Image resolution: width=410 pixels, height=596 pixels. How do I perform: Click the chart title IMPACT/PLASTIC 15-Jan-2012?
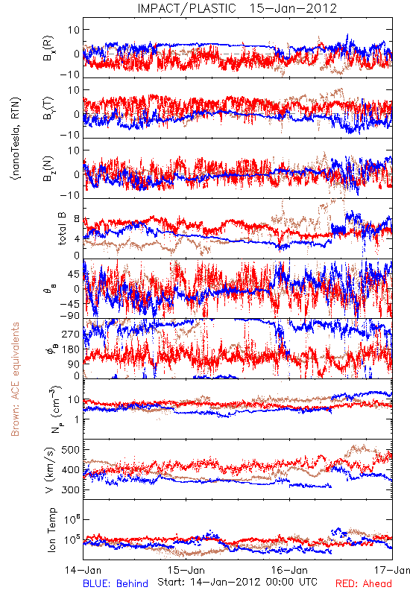tap(237, 8)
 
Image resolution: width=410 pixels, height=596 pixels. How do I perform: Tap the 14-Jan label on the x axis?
tap(83, 570)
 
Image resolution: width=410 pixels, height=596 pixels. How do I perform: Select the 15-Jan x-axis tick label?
tap(186, 570)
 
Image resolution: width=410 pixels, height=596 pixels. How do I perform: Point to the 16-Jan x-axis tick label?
tap(289, 570)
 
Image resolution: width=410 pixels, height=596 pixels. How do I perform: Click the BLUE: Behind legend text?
tap(116, 583)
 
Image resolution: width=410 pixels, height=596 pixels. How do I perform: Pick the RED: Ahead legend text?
tap(364, 583)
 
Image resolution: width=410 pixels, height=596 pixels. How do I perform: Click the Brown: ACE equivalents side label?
tap(15, 379)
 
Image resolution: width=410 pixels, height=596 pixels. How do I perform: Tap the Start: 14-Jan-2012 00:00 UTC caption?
tap(237, 582)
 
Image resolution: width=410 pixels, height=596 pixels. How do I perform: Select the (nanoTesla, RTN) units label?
tap(16, 138)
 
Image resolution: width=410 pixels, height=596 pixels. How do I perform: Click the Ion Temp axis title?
tap(51, 530)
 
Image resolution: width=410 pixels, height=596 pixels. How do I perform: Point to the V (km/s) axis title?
tap(50, 470)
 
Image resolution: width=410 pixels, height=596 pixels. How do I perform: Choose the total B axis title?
tap(62, 228)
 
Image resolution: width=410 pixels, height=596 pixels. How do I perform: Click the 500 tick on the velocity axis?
tap(71, 450)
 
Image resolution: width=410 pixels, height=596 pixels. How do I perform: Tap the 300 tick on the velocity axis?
tap(71, 489)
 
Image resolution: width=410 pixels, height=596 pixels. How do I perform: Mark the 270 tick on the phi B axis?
tap(71, 334)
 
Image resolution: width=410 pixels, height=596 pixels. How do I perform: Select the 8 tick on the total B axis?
tap(77, 219)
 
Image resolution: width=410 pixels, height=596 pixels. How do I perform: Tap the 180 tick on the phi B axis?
tap(71, 349)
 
